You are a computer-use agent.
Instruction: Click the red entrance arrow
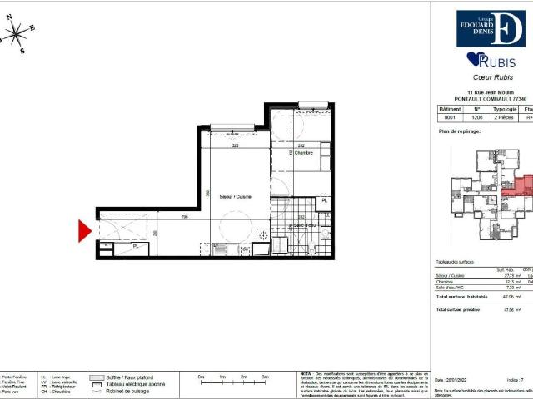(x=84, y=230)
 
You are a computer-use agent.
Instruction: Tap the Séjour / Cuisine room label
(x=225, y=197)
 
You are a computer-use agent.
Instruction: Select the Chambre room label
(x=301, y=153)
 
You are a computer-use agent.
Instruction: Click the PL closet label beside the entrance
(x=135, y=246)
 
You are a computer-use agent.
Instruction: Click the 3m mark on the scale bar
(x=265, y=377)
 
